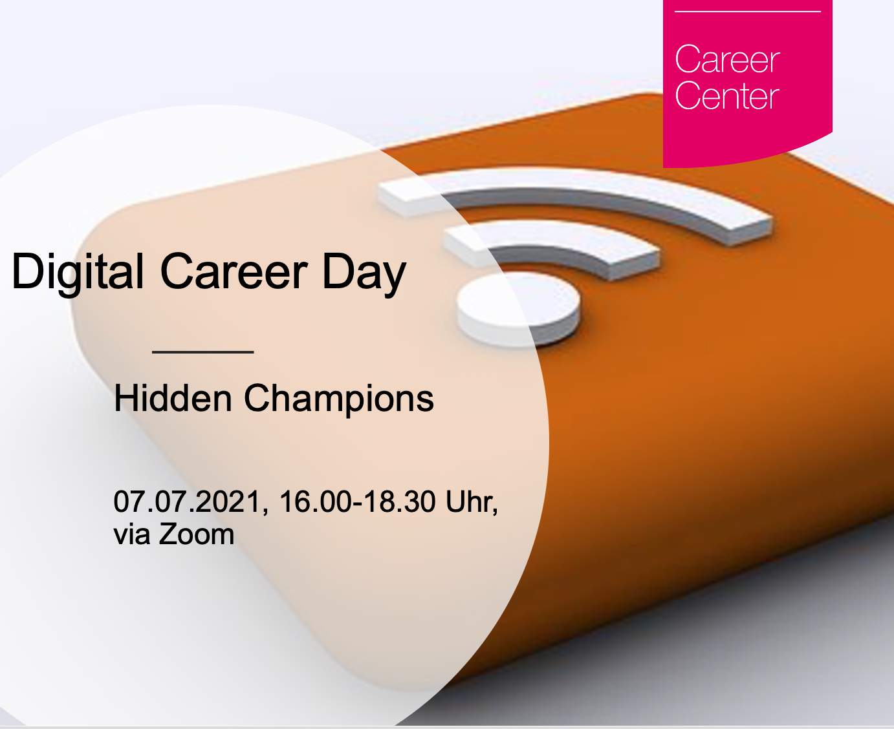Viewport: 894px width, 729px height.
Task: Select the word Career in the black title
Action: pyautogui.click(x=234, y=271)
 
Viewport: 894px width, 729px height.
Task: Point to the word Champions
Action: pyautogui.click(x=339, y=400)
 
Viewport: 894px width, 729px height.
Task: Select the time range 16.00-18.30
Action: pyautogui.click(x=357, y=502)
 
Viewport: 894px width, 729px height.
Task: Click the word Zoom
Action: pyautogui.click(x=196, y=534)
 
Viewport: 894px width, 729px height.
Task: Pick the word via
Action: pyautogui.click(x=132, y=534)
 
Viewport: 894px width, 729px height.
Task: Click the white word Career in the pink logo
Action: pyautogui.click(x=727, y=59)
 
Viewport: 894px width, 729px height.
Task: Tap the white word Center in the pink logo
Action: pyautogui.click(x=727, y=95)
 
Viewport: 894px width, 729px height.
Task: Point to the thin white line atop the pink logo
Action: pyautogui.click(x=747, y=12)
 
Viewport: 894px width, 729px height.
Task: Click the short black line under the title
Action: pyautogui.click(x=202, y=352)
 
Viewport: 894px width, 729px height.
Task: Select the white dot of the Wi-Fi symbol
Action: pyautogui.click(x=518, y=308)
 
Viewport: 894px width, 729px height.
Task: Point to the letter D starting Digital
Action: pyautogui.click(x=28, y=271)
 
